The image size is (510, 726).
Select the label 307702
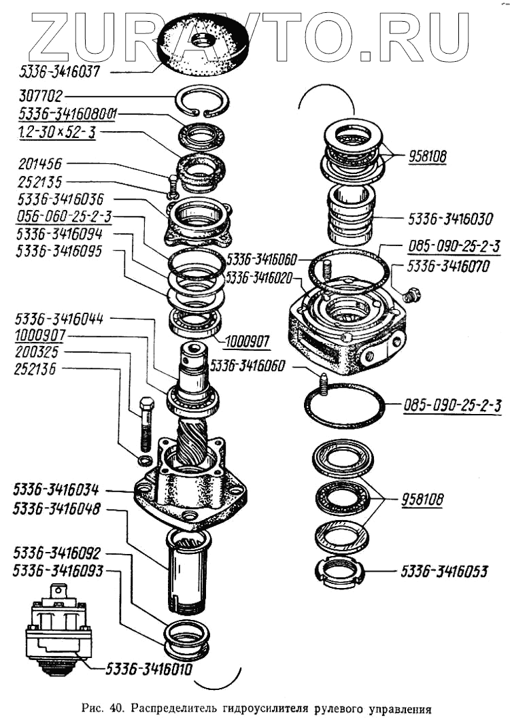coord(41,97)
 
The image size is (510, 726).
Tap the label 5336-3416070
coord(450,266)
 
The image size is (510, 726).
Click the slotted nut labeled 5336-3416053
coord(337,572)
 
